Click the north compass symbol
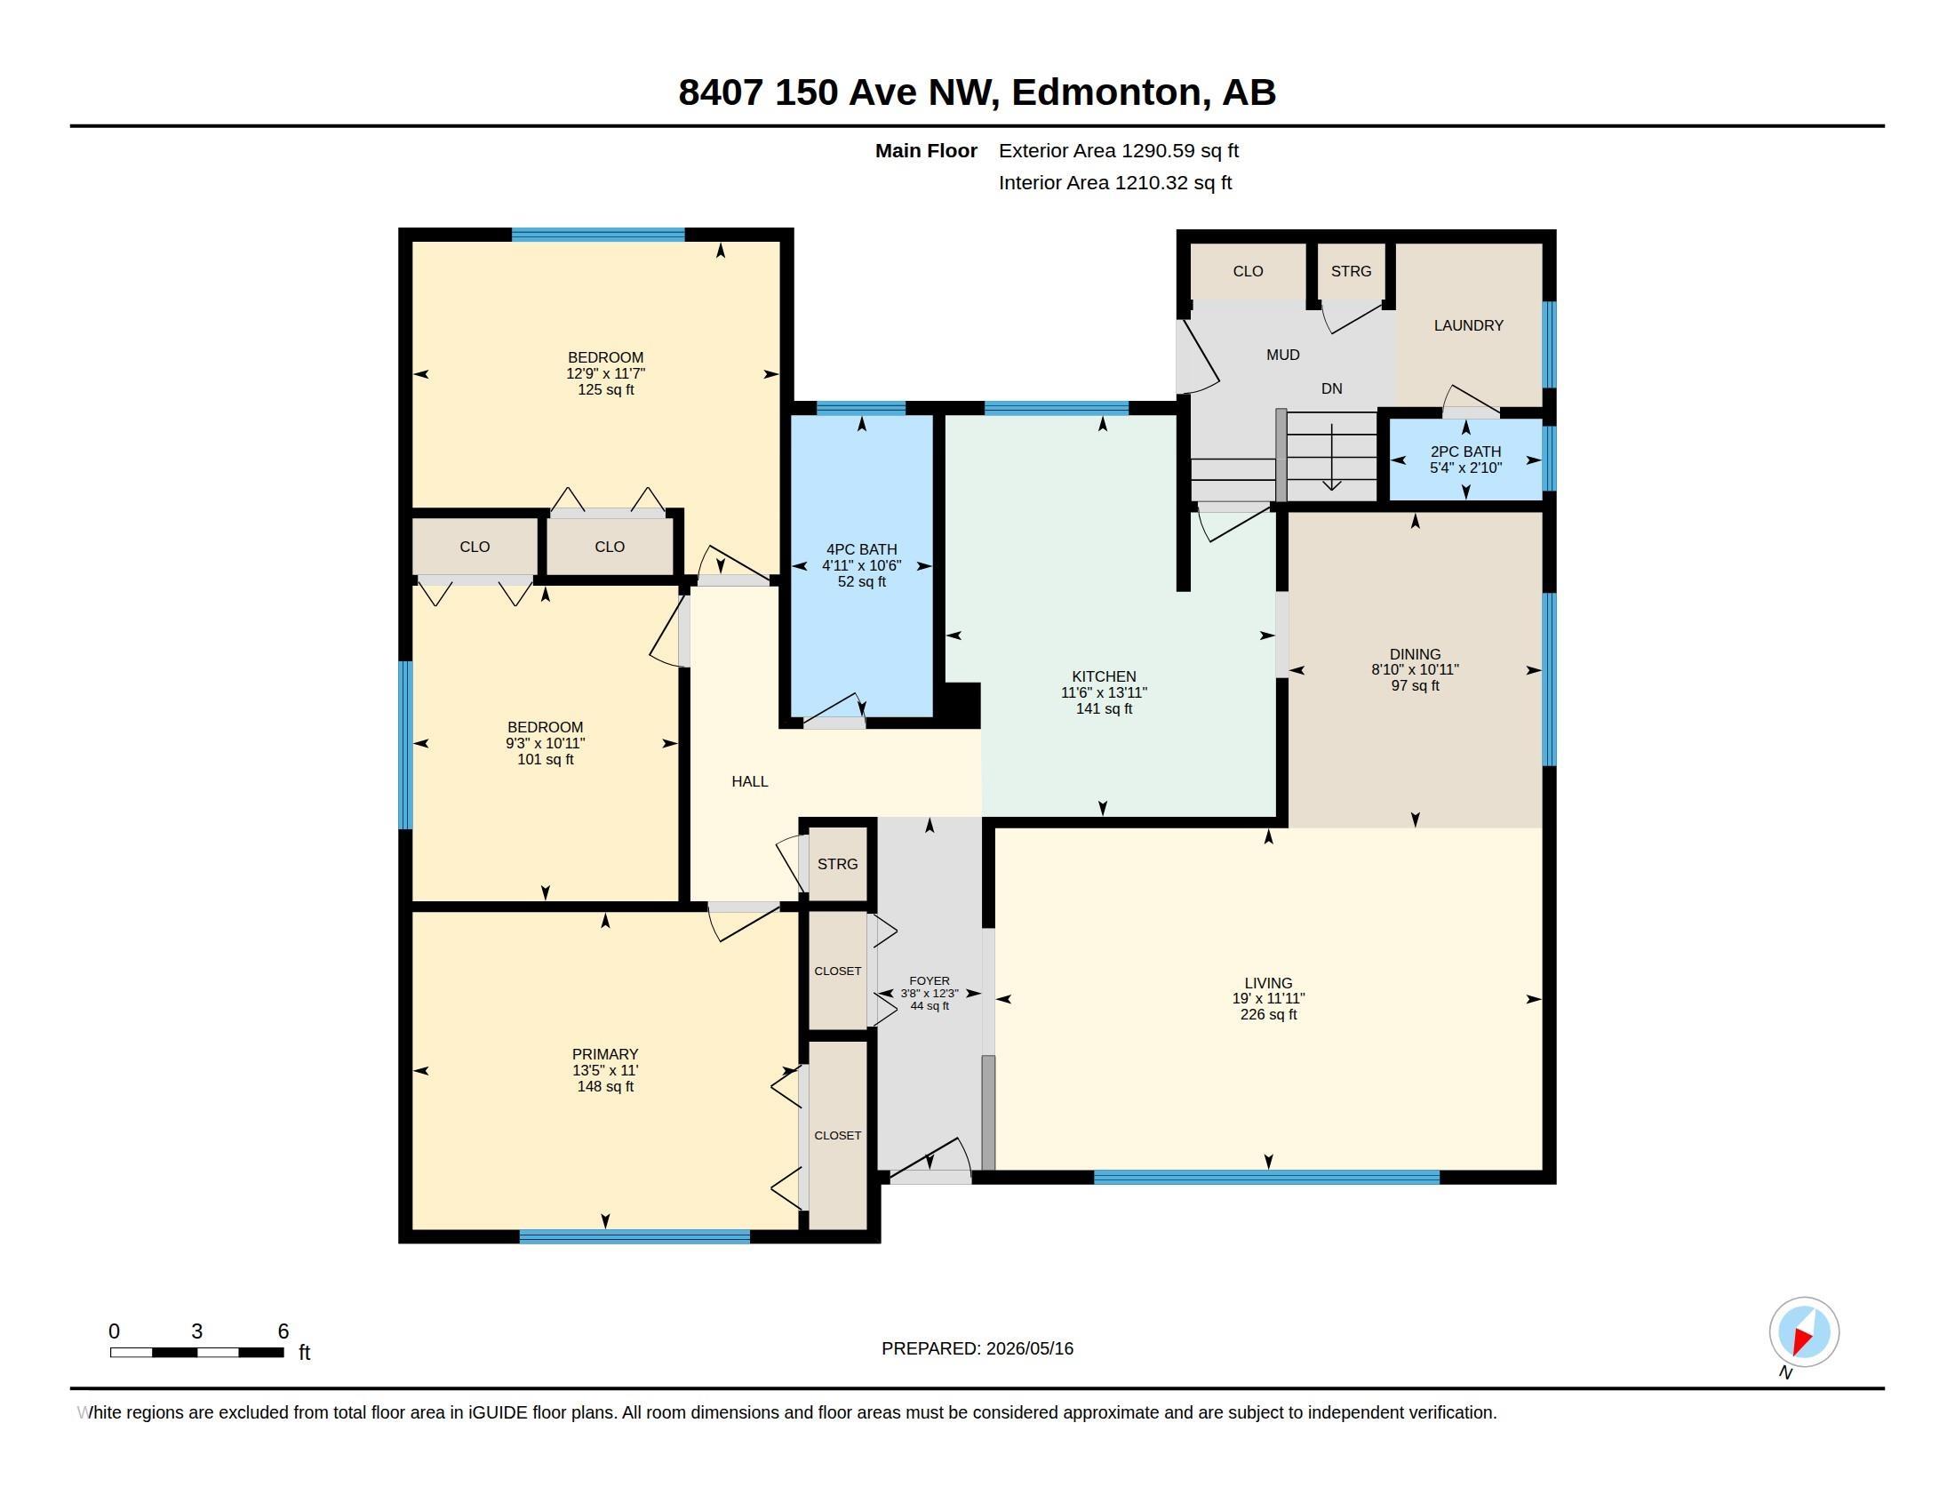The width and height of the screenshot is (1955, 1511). [1804, 1331]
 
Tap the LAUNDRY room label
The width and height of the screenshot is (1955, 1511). [1468, 326]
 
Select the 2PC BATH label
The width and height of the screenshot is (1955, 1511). [1465, 452]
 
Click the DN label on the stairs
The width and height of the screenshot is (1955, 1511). [1332, 388]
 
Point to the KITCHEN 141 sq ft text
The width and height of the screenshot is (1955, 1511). [1104, 709]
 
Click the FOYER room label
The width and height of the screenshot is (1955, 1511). [930, 981]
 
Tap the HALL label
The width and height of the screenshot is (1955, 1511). [750, 781]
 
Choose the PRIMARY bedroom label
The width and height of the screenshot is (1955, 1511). [605, 1054]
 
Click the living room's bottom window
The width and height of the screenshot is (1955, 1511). [1266, 1177]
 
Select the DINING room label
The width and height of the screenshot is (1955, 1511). [1416, 654]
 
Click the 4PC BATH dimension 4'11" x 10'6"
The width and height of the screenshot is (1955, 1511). [861, 565]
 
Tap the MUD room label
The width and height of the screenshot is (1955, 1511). [1282, 356]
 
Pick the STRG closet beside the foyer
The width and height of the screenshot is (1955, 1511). [838, 864]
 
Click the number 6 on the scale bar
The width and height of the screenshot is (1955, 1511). [283, 1331]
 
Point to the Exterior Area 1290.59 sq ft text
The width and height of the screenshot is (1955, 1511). [1119, 151]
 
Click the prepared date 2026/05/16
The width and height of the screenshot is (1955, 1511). [1029, 1348]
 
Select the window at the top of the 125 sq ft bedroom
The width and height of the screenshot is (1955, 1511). [598, 236]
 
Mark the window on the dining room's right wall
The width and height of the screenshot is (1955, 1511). [1550, 679]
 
